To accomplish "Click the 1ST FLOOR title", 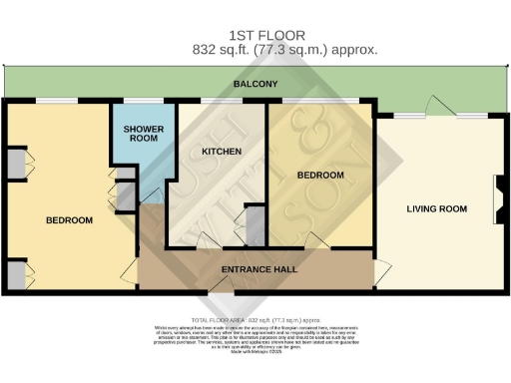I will click(255, 33).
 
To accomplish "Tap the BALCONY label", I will click(255, 85).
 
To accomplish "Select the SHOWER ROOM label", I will click(142, 135).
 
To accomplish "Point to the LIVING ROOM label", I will click(437, 208).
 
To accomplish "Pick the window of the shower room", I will click(138, 100).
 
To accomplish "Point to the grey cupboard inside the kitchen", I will click(255, 225).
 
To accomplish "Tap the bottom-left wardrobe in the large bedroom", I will click(17, 272).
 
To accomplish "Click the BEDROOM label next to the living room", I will click(320, 175).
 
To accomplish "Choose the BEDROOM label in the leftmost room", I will click(69, 219).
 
